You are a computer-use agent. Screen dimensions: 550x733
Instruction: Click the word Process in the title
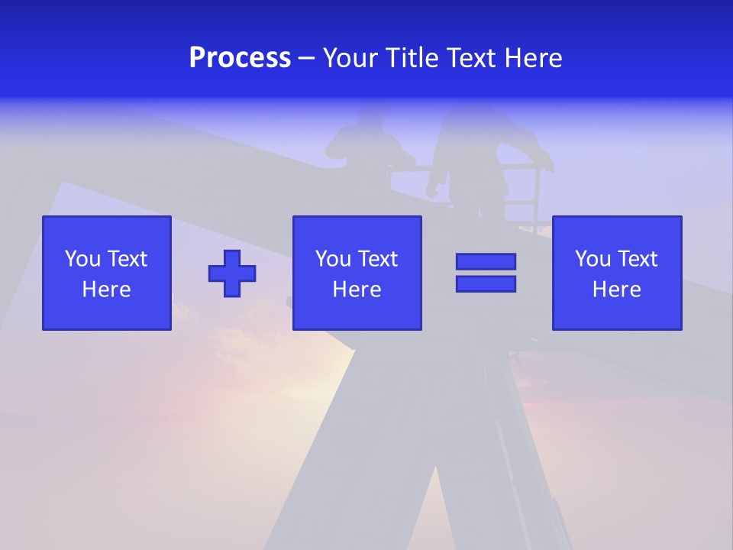(x=240, y=58)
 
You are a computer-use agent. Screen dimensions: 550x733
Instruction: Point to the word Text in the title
(x=469, y=58)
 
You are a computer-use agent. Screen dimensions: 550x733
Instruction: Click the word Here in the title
(x=531, y=58)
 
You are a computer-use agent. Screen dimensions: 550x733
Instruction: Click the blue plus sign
(x=232, y=273)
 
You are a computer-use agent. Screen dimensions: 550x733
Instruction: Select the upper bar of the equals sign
(x=486, y=261)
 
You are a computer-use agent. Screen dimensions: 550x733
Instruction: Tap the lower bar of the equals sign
(x=486, y=283)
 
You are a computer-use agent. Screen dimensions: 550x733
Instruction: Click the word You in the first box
(x=82, y=259)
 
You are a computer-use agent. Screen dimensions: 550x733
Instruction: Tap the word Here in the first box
(x=107, y=290)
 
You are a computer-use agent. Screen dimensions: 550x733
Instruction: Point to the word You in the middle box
(x=333, y=259)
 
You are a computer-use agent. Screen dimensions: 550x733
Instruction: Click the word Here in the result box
(x=617, y=290)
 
